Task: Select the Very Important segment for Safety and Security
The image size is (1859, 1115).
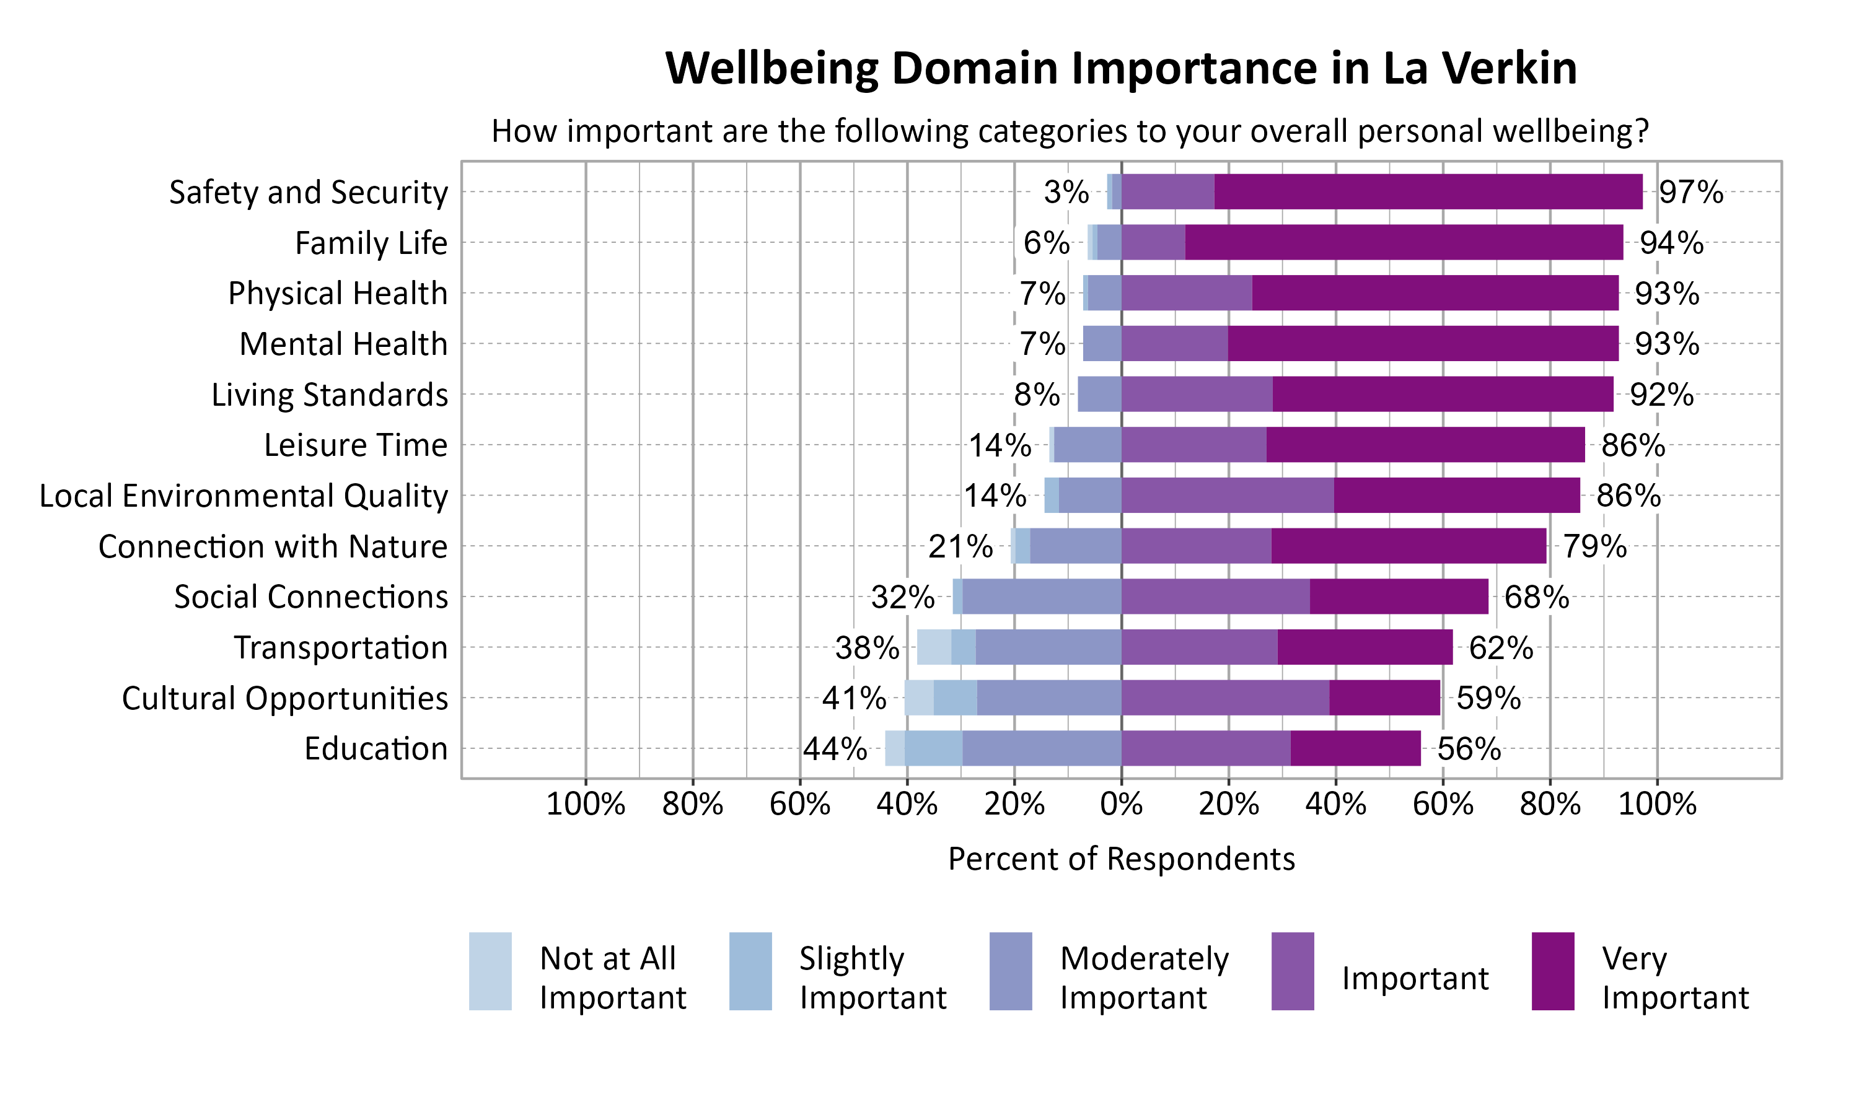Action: click(x=1428, y=191)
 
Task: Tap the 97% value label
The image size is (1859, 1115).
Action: click(x=1690, y=193)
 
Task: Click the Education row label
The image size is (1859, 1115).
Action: click(x=376, y=749)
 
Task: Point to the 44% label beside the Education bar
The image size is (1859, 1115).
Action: click(x=835, y=749)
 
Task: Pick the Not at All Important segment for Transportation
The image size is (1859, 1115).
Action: click(x=934, y=647)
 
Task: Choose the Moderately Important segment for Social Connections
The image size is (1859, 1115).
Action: click(x=1042, y=597)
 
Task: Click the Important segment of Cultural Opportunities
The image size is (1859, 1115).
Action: click(x=1225, y=697)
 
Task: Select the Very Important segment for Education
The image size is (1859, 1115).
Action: click(x=1355, y=748)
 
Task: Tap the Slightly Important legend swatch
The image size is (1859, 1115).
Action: click(x=750, y=971)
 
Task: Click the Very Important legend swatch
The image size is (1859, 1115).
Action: click(x=1552, y=971)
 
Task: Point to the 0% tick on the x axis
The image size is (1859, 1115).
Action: click(x=1121, y=805)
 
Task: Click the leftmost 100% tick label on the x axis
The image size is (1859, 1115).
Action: click(x=586, y=805)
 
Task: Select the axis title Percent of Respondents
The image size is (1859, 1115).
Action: click(x=1121, y=859)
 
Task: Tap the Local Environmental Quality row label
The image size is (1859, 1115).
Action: click(x=244, y=496)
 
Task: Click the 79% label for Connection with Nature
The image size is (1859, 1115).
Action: click(x=1594, y=546)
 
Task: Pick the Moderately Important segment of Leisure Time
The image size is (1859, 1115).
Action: click(x=1088, y=445)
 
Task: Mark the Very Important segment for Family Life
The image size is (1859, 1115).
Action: click(x=1404, y=242)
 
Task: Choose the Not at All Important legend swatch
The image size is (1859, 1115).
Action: click(x=490, y=971)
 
